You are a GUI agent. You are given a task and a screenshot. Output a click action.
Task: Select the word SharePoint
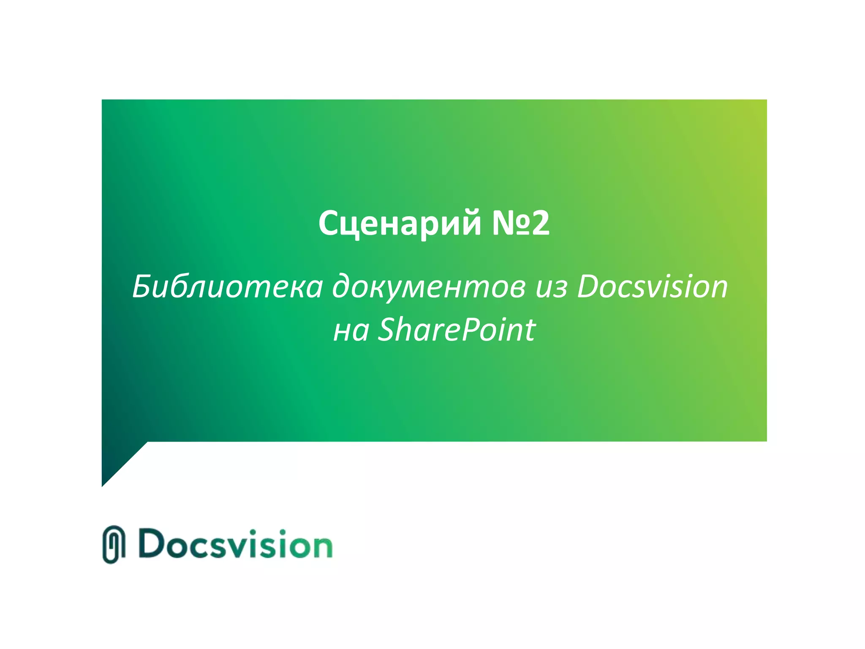pyautogui.click(x=456, y=330)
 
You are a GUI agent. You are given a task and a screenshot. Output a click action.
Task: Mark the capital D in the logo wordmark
pyautogui.click(x=152, y=543)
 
